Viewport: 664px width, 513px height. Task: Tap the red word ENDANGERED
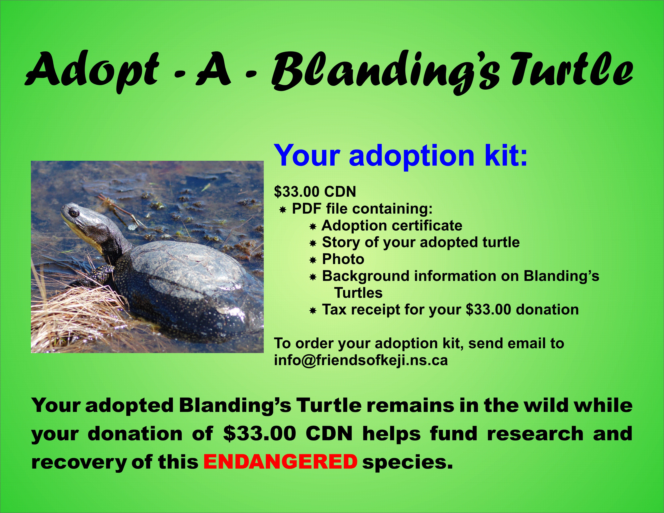point(280,462)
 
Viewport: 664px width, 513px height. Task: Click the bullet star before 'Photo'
point(313,260)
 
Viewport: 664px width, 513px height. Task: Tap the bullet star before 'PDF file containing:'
point(283,210)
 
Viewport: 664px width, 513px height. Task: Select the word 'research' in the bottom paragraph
point(535,434)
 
